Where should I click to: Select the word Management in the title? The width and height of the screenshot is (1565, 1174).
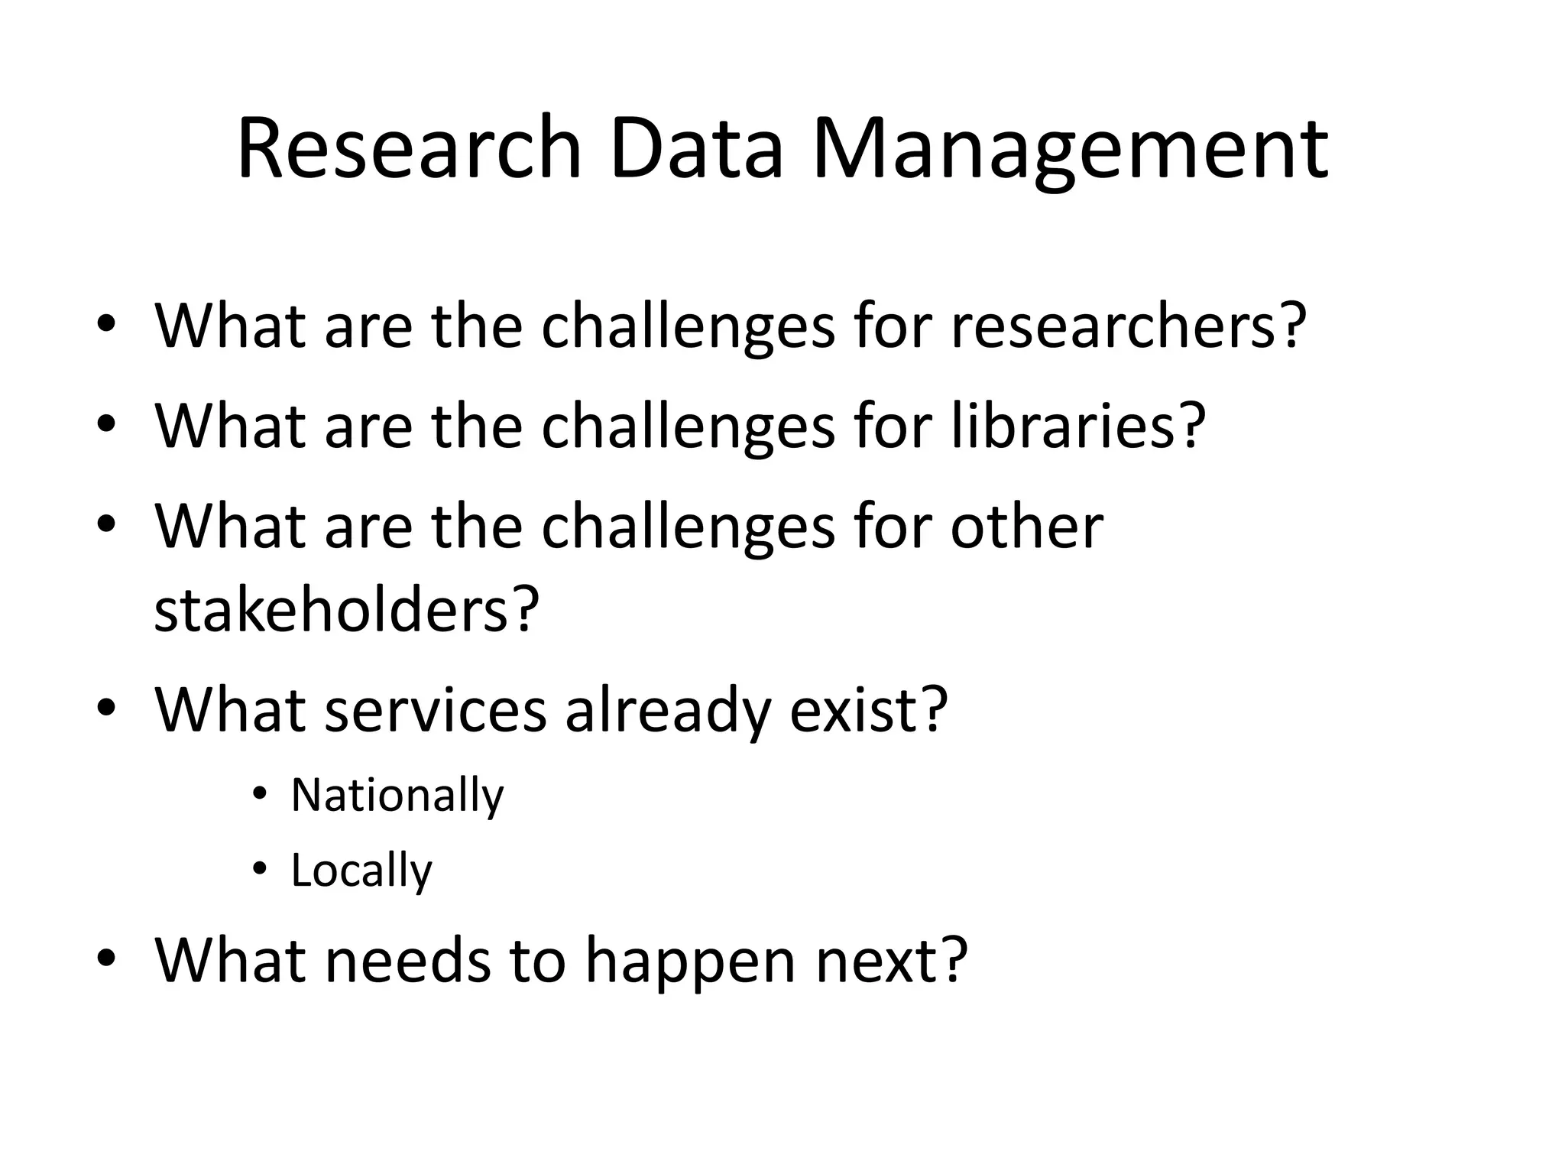[x=1070, y=149]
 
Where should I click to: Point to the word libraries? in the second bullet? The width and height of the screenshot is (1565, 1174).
[x=1077, y=426]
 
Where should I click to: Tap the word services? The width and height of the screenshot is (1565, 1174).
[x=436, y=710]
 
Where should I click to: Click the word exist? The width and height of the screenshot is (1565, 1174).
[x=868, y=710]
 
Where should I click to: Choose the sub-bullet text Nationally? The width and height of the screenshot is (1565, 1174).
[x=397, y=796]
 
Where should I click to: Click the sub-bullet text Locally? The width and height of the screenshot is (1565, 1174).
[x=361, y=871]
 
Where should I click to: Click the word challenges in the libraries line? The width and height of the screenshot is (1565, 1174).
[x=688, y=427]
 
